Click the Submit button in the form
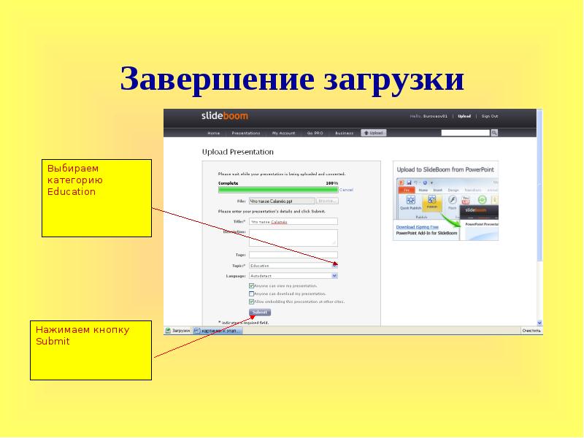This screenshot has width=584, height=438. point(259,312)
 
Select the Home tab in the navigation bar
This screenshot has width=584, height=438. point(213,134)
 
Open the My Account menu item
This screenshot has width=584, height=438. point(283,134)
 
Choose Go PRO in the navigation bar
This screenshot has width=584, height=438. point(315,134)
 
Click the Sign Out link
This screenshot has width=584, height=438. point(489,116)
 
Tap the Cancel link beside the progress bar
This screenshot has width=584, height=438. point(346,189)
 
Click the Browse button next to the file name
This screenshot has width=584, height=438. point(327,200)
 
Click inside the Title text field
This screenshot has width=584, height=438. point(293,221)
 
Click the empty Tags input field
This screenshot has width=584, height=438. point(293,255)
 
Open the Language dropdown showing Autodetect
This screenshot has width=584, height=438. point(293,277)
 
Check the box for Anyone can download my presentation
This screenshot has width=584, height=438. point(252,293)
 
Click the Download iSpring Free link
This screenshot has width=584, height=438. point(417,227)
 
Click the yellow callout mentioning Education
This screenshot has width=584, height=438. point(96,198)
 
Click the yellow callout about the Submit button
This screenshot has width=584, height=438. point(91,350)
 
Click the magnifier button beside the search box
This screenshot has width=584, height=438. point(494,133)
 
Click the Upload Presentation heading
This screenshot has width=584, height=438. point(237,153)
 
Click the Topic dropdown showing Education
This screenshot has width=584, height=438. point(293,266)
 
